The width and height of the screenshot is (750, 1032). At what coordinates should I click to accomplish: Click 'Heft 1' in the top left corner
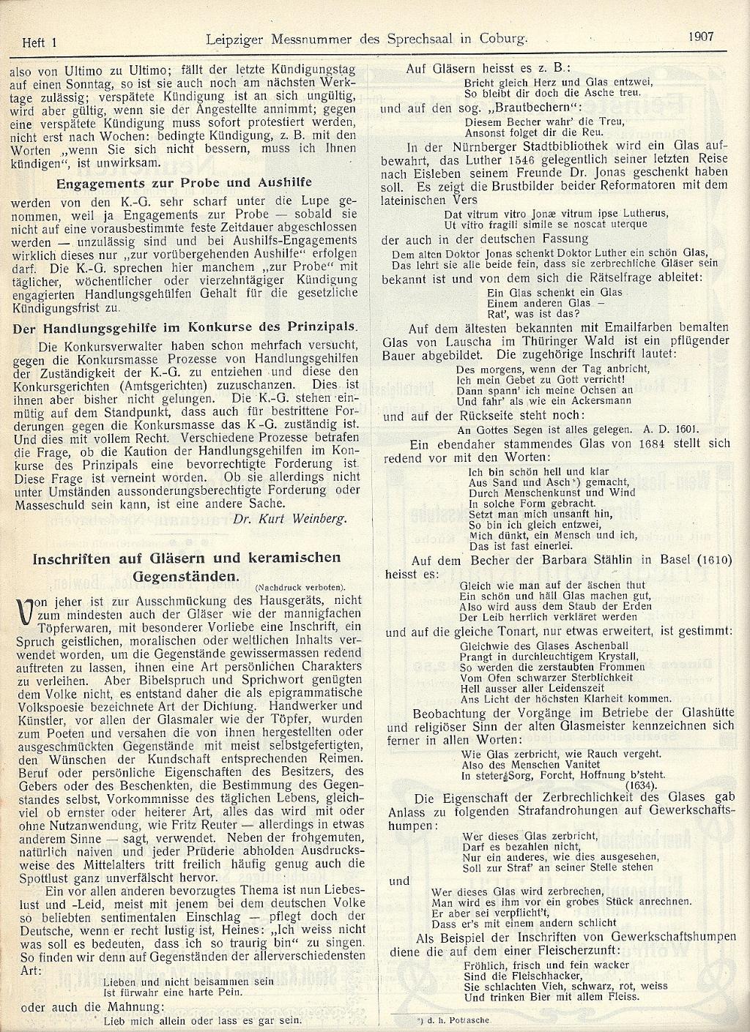(40, 43)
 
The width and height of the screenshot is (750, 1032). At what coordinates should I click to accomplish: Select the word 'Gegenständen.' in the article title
(187, 575)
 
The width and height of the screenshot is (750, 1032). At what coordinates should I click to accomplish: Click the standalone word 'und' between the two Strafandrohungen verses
(399, 881)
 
